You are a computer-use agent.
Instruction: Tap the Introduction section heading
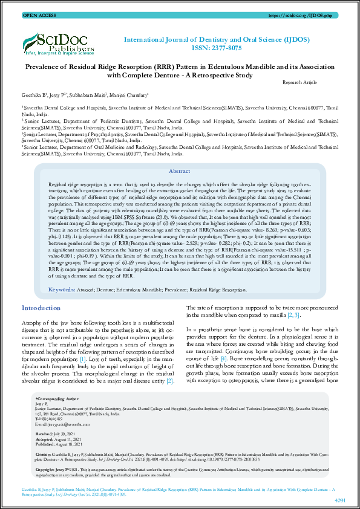(x=41, y=308)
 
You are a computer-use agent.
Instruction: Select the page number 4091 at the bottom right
(x=339, y=501)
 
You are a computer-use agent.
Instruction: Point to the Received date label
(x=44, y=434)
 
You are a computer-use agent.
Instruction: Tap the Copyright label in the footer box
(x=47, y=469)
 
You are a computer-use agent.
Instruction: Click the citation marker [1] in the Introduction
(x=83, y=358)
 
